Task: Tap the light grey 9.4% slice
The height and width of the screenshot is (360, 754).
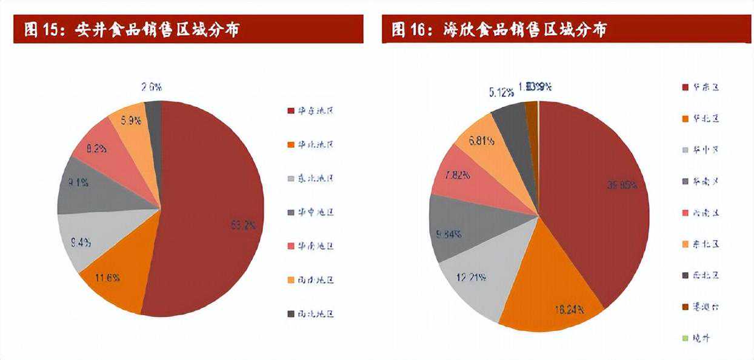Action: click(82, 242)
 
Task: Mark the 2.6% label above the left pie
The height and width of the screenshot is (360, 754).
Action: click(151, 87)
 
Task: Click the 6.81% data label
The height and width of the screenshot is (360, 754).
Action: click(482, 141)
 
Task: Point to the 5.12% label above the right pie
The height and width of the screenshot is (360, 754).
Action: click(502, 93)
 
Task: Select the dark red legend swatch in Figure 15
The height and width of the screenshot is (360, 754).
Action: click(292, 111)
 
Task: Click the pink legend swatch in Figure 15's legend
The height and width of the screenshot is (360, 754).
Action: click(292, 246)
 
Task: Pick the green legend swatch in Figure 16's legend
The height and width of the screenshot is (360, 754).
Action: click(686, 338)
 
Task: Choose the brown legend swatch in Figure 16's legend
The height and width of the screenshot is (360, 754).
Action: click(686, 307)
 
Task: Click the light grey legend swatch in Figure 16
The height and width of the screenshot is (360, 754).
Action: click(686, 150)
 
